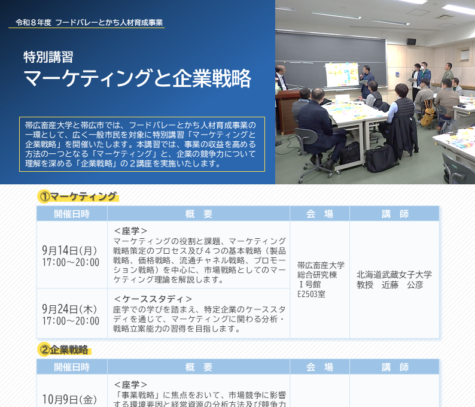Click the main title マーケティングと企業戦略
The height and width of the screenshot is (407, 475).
pos(137,78)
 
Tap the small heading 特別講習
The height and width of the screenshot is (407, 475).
pos(48,57)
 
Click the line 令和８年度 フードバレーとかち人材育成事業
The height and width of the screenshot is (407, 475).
pos(89,23)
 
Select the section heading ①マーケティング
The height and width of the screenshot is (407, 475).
pos(78,197)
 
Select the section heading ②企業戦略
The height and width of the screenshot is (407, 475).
pos(64,350)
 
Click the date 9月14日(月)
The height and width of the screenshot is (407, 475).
pos(69,250)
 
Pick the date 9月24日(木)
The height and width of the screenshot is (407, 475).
pos(69,309)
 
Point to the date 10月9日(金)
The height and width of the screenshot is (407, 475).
pos(69,399)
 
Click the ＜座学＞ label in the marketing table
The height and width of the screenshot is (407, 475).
pos(130,231)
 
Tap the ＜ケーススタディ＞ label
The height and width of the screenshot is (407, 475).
pos(153,299)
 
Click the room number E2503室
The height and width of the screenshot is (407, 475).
pos(312,294)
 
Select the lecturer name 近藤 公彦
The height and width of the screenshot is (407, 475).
pos(402,285)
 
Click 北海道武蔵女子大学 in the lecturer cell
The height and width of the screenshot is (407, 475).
pos(394,275)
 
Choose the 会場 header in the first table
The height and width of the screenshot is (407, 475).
pos(319,214)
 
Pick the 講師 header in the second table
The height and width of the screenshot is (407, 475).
pos(395,367)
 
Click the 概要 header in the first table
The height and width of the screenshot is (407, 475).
pos(199,214)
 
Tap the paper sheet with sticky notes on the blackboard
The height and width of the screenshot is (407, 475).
pos(342,75)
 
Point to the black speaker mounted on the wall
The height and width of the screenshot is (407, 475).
pos(411,42)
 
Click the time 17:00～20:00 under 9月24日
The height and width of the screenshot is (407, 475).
pos(71,321)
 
